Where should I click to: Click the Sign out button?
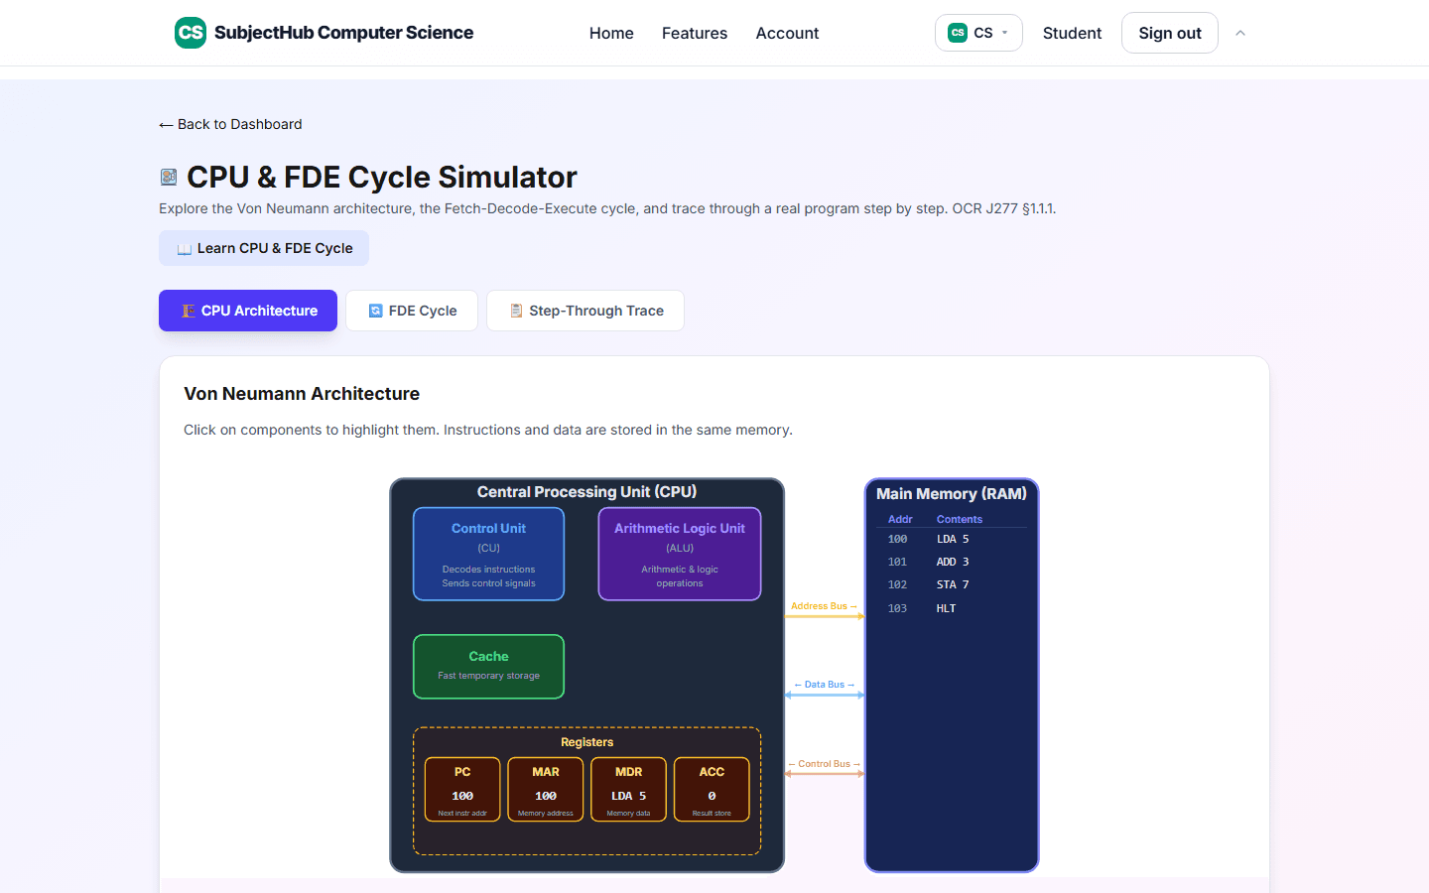[x=1169, y=33]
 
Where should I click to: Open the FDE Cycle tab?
[x=412, y=311]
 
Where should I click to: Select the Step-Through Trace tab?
[x=585, y=311]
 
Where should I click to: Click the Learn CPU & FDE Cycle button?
[x=264, y=248]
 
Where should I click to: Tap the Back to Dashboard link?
[x=230, y=124]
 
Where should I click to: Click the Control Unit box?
[x=488, y=554]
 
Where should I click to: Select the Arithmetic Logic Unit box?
[x=680, y=554]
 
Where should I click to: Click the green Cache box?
[x=488, y=667]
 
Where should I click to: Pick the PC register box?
[x=462, y=790]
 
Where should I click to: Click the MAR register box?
[x=546, y=790]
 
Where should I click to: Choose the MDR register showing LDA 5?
[x=628, y=790]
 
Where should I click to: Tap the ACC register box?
[x=712, y=790]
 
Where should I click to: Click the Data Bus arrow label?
[x=825, y=685]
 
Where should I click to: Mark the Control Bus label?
[x=825, y=764]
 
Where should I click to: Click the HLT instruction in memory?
[x=946, y=608]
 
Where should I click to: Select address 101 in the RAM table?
[x=897, y=562]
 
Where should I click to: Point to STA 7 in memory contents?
[x=953, y=585]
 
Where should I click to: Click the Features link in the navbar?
[x=694, y=33]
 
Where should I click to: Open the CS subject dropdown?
[x=978, y=33]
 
